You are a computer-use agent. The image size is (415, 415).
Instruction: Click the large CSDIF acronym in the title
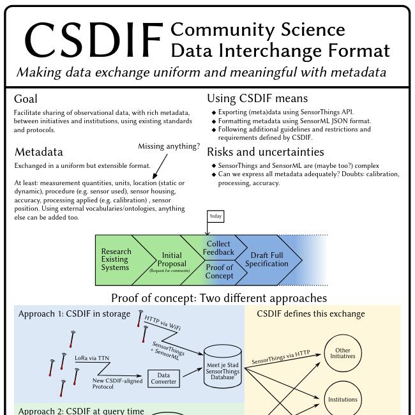pyautogui.click(x=93, y=40)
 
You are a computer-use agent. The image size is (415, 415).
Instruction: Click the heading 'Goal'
pyautogui.click(x=26, y=99)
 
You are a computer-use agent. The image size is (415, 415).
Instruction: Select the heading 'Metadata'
pyautogui.click(x=38, y=152)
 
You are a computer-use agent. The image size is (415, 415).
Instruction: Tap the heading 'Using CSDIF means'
pyautogui.click(x=257, y=98)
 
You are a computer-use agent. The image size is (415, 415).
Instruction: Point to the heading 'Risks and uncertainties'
pyautogui.click(x=265, y=152)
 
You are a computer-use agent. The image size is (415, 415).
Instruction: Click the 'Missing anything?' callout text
pyautogui.click(x=169, y=146)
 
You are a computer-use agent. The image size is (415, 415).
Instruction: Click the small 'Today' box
pyautogui.click(x=216, y=216)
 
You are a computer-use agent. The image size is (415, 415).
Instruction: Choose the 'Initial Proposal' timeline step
pyautogui.click(x=171, y=260)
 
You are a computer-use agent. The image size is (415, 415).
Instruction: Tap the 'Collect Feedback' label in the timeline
pyautogui.click(x=218, y=248)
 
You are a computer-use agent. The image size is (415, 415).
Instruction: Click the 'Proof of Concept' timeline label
pyautogui.click(x=219, y=271)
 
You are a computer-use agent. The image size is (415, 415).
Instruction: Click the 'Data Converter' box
pyautogui.click(x=163, y=379)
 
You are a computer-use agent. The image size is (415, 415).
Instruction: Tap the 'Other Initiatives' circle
pyautogui.click(x=343, y=353)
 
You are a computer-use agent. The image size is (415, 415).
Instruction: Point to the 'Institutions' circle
pyautogui.click(x=343, y=400)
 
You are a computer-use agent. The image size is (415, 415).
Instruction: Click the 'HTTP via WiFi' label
pyautogui.click(x=162, y=322)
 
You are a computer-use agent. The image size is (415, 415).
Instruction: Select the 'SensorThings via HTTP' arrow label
pyautogui.click(x=280, y=358)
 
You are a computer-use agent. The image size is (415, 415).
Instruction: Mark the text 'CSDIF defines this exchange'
pyautogui.click(x=311, y=313)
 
